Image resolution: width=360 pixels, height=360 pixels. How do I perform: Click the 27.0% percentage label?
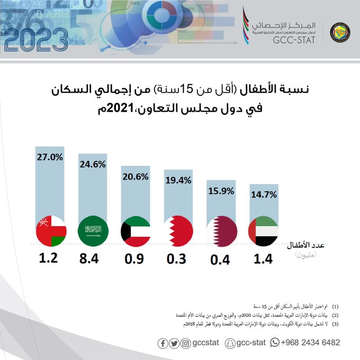click(x=50, y=157)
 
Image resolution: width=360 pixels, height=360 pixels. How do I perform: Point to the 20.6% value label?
click(x=134, y=177)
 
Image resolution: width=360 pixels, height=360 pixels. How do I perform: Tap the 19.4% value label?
click(x=178, y=181)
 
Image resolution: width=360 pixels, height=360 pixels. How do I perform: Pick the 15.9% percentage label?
click(x=221, y=191)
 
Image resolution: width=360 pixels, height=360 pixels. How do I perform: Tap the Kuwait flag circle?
click(x=136, y=231)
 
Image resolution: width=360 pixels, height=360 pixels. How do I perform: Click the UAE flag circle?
click(x=264, y=231)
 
